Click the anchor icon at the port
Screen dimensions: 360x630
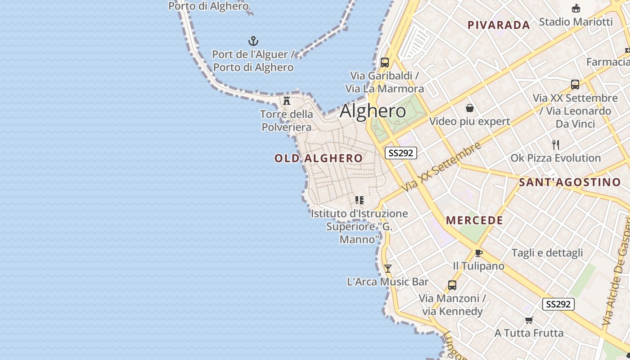pos(254,41)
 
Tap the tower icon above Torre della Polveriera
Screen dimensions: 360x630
pos(287,100)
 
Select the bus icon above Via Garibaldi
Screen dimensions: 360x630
pos(385,63)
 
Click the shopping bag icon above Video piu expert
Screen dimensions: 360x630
pos(470,108)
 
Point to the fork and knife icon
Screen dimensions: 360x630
pos(556,145)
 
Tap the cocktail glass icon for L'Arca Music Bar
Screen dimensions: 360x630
pos(387,269)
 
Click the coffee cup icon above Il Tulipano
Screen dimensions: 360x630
pos(478,253)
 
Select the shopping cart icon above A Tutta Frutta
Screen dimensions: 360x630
pos(529,320)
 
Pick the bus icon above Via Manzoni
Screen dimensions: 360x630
pos(452,285)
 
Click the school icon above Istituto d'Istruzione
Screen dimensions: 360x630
pos(359,200)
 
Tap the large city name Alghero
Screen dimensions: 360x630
pos(373,111)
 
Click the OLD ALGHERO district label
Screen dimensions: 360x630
pos(318,158)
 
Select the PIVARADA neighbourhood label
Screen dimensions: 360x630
pos(499,25)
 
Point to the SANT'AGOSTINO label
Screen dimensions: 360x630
pos(570,182)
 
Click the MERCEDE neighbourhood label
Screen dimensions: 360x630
pos(474,220)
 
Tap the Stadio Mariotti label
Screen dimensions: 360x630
pos(576,22)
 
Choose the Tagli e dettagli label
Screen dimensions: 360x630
pos(547,253)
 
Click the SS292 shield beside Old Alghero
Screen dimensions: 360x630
pos(401,153)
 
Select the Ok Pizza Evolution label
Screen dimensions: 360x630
pos(555,158)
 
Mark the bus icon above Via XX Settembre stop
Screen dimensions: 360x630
pos(575,84)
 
